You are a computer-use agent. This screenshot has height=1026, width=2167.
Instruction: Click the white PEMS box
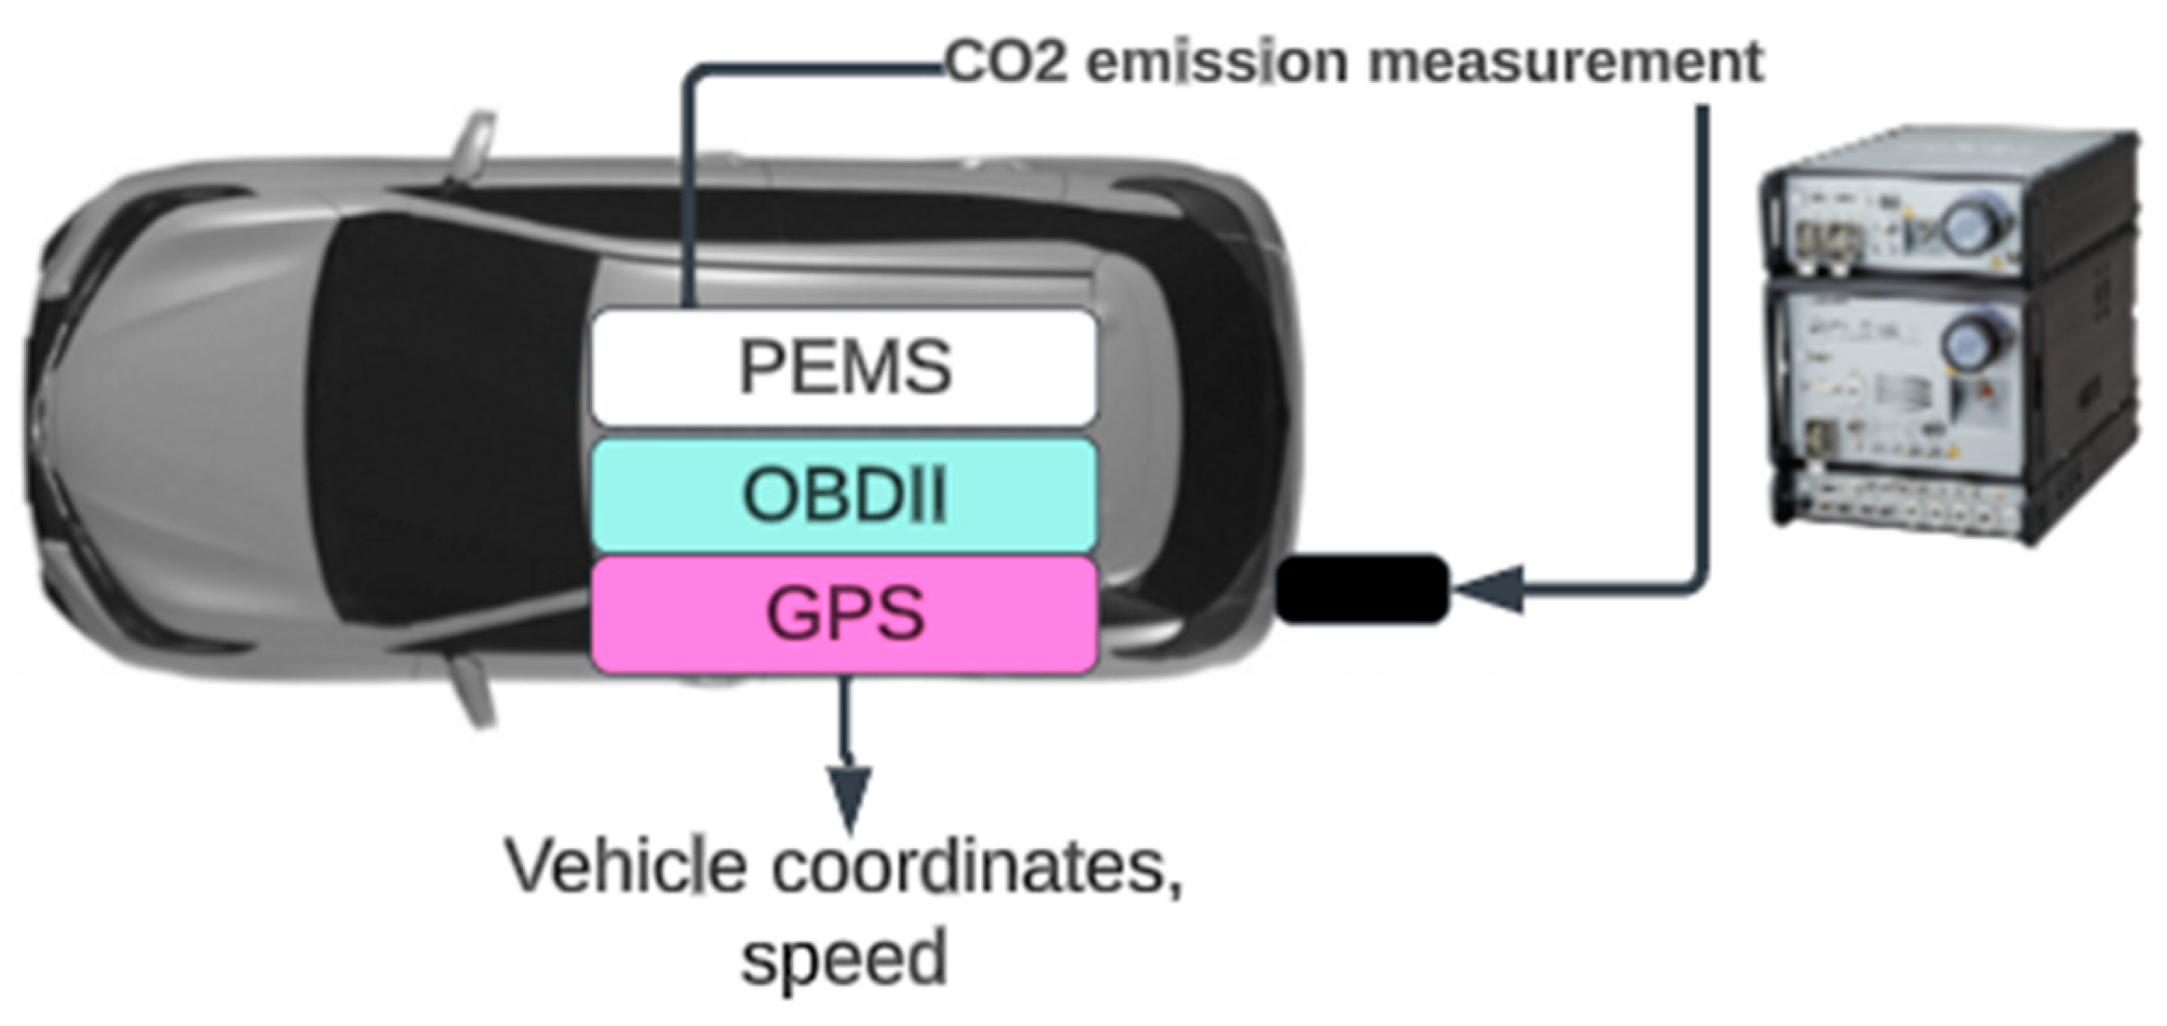844,368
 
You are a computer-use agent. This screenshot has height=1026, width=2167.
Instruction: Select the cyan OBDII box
844,495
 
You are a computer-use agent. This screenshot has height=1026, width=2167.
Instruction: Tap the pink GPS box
844,614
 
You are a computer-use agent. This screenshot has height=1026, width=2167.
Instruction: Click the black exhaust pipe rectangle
1362,588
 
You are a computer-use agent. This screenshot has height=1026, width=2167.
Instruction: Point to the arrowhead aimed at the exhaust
1489,588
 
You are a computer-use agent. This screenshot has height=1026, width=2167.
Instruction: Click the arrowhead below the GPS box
849,796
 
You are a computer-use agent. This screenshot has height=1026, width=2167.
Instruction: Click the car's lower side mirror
475,689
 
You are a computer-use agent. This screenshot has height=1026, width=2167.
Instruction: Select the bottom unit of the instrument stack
1899,507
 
